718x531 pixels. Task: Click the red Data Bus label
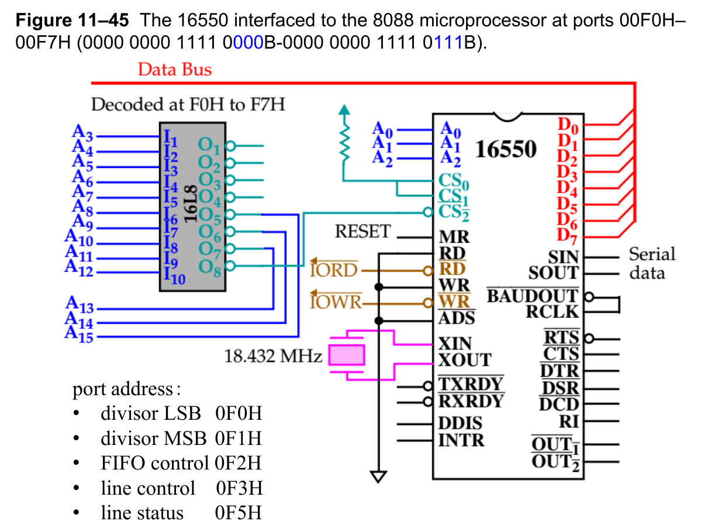pos(174,70)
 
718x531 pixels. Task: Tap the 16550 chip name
pos(506,149)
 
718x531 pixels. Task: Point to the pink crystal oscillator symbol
pos(346,355)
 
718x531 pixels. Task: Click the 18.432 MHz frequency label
pos(273,356)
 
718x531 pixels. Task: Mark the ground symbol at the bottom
pos(379,477)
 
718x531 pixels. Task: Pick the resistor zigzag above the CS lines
pos(345,141)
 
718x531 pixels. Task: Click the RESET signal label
pos(362,232)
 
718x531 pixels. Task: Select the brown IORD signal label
pos(334,270)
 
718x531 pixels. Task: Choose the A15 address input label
pos(79,335)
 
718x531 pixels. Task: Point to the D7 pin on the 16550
pos(567,235)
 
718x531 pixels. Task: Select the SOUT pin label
pos(553,273)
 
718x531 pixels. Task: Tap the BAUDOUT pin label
pos(532,296)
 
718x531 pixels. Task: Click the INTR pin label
pos(461,439)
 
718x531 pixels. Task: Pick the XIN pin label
pos(455,343)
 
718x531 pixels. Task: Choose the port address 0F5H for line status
pos(238,513)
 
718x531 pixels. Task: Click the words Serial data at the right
pos(651,263)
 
